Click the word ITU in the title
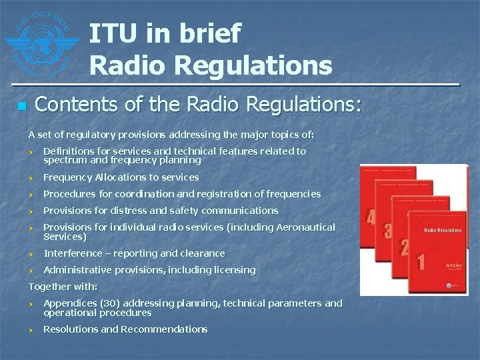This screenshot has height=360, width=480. coord(112,33)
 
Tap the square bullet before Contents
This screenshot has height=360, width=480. coord(21,106)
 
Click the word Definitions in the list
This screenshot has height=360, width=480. coord(69,151)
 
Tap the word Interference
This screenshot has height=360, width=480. coord(73,253)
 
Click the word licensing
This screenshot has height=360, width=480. coord(231,270)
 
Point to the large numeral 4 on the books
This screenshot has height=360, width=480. coord(371,217)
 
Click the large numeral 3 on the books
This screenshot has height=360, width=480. coord(387,231)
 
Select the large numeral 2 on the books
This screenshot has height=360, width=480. coord(404,247)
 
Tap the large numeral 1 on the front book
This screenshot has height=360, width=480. coord(421,261)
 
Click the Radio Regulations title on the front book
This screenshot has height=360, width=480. coord(443,230)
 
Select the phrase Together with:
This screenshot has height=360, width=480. coord(63,287)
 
